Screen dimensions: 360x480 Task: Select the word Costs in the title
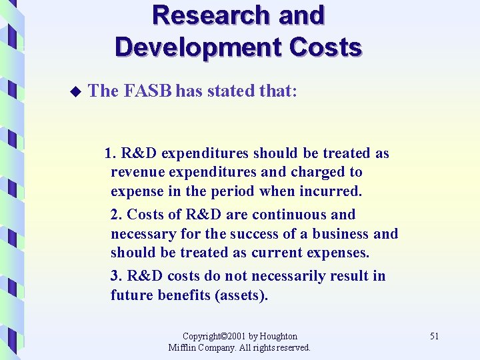pos(329,47)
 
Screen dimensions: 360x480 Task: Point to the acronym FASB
pos(148,91)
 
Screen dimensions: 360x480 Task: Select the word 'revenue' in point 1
pos(137,172)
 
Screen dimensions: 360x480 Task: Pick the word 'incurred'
pos(332,192)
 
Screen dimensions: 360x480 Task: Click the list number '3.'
pos(117,276)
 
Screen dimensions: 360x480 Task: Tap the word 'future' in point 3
pos(132,295)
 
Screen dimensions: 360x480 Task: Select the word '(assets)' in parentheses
pos(241,295)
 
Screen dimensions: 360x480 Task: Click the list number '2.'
pos(117,215)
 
